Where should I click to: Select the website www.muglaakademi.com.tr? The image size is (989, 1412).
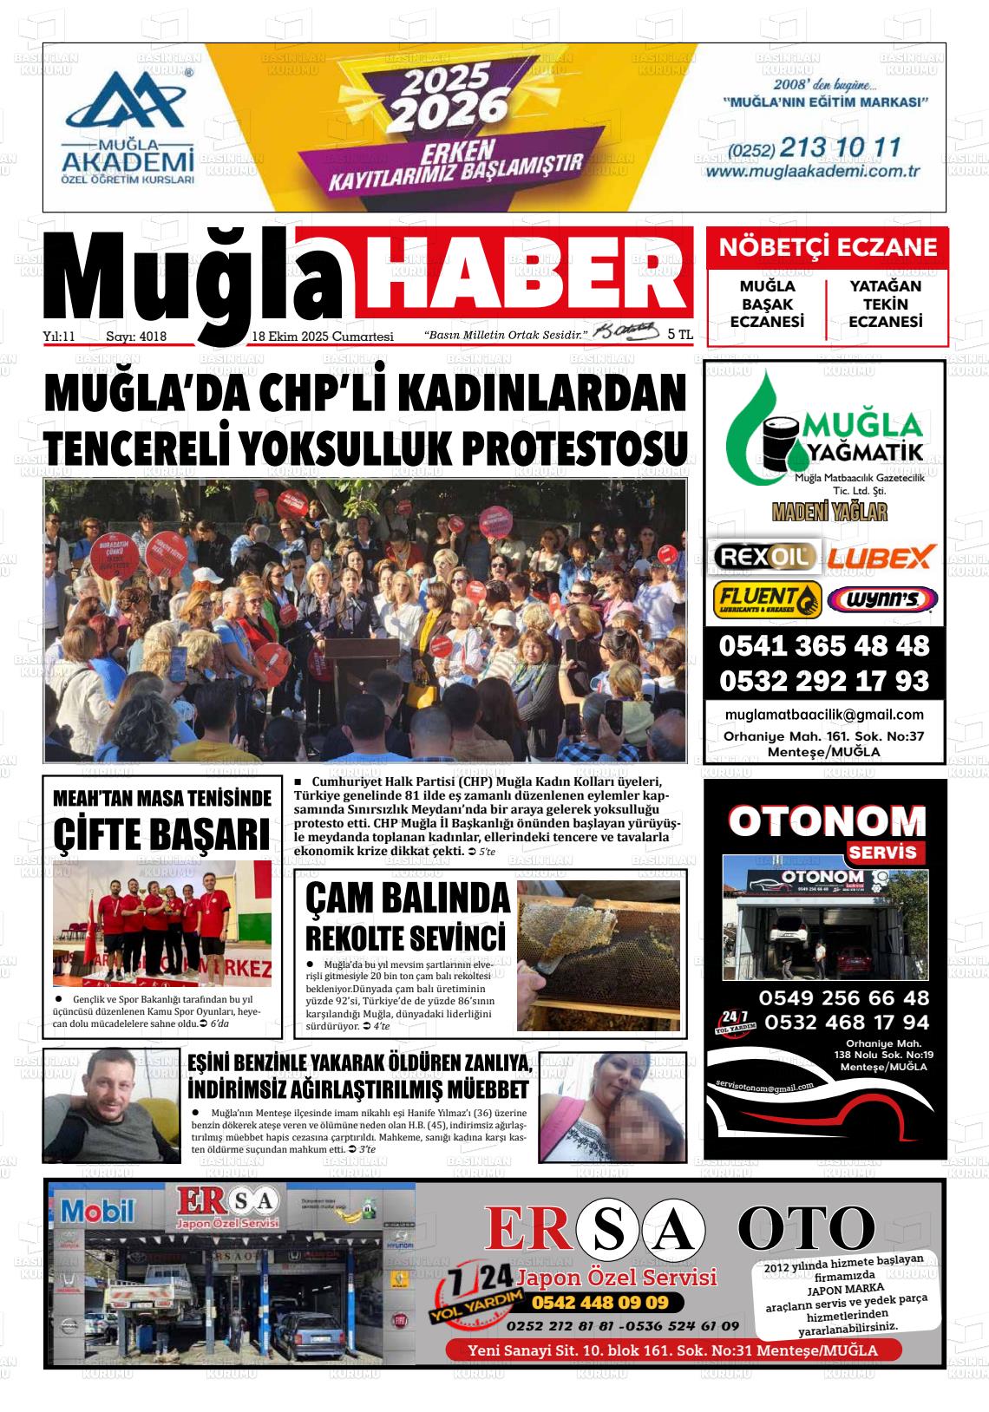click(812, 172)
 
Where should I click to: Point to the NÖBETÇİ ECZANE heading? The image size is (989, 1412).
click(828, 246)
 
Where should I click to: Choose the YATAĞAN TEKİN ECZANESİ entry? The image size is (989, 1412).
click(885, 304)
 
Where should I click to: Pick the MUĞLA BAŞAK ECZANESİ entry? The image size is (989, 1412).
click(767, 304)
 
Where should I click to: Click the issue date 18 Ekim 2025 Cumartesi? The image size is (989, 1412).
click(323, 337)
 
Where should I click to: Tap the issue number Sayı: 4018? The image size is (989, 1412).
click(135, 337)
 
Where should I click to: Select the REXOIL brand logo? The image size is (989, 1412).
click(763, 556)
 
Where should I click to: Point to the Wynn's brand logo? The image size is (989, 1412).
click(881, 600)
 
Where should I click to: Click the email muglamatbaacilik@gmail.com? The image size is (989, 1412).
click(823, 715)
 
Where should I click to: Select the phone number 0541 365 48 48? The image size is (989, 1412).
click(823, 646)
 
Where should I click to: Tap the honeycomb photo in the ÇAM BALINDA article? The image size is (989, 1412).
click(599, 955)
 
